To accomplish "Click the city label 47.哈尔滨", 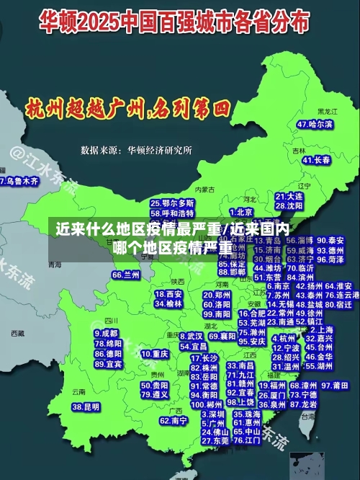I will pyautogui.click(x=315, y=124).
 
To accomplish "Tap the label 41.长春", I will pyautogui.click(x=317, y=159).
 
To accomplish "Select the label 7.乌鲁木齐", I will pyautogui.click(x=19, y=182).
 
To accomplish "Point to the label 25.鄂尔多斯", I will pyautogui.click(x=172, y=203).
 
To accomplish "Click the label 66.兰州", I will pyautogui.click(x=126, y=275).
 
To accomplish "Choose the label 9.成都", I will pyautogui.click(x=106, y=333).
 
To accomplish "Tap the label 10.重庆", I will pyautogui.click(x=155, y=354).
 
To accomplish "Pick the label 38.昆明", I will pyautogui.click(x=87, y=406).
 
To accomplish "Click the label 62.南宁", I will pyautogui.click(x=174, y=420).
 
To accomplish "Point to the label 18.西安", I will pyautogui.click(x=169, y=294).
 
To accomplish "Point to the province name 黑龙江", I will pyautogui.click(x=327, y=112).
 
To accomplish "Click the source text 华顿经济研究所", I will pyautogui.click(x=160, y=151).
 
